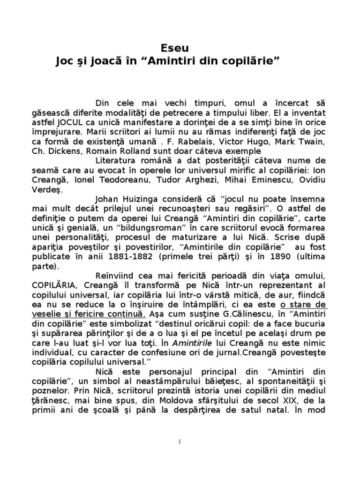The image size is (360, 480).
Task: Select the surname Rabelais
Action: click(228, 142)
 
